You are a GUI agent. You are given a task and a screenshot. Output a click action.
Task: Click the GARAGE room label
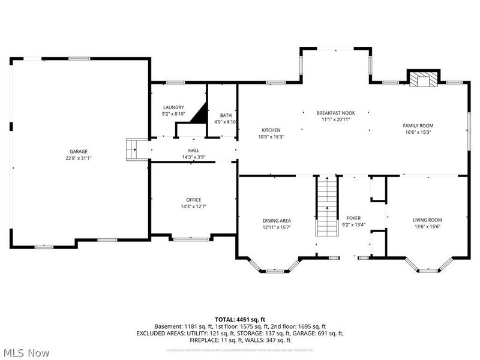(x=79, y=151)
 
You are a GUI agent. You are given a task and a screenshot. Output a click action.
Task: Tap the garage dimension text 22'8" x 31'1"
(x=79, y=158)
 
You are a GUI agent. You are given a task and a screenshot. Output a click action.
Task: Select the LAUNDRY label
(x=173, y=107)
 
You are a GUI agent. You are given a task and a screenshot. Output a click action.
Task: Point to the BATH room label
(x=226, y=115)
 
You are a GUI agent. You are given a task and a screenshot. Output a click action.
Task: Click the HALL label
(x=193, y=151)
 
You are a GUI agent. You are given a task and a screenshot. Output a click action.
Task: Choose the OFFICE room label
(x=193, y=200)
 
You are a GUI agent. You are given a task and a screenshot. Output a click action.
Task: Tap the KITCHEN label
(x=271, y=130)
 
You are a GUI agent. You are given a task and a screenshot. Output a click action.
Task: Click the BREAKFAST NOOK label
(x=336, y=113)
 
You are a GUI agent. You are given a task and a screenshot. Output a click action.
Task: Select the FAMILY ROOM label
(x=418, y=125)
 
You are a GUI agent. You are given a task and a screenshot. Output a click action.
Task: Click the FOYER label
(x=354, y=218)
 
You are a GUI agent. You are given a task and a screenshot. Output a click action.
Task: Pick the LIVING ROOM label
(x=428, y=220)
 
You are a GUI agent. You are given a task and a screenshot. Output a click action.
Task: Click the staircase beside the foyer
(x=327, y=200)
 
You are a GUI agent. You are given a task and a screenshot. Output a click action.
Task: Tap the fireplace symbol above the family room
(x=424, y=79)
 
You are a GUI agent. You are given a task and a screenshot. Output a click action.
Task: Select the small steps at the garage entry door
(x=132, y=148)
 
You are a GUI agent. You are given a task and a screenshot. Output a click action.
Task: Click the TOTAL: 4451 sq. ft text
(x=239, y=319)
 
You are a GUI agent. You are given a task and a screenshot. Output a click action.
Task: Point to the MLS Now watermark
(x=28, y=353)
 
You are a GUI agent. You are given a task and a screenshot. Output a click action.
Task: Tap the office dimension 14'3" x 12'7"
(x=193, y=206)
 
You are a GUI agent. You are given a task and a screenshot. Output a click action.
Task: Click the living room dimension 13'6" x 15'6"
(x=428, y=227)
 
